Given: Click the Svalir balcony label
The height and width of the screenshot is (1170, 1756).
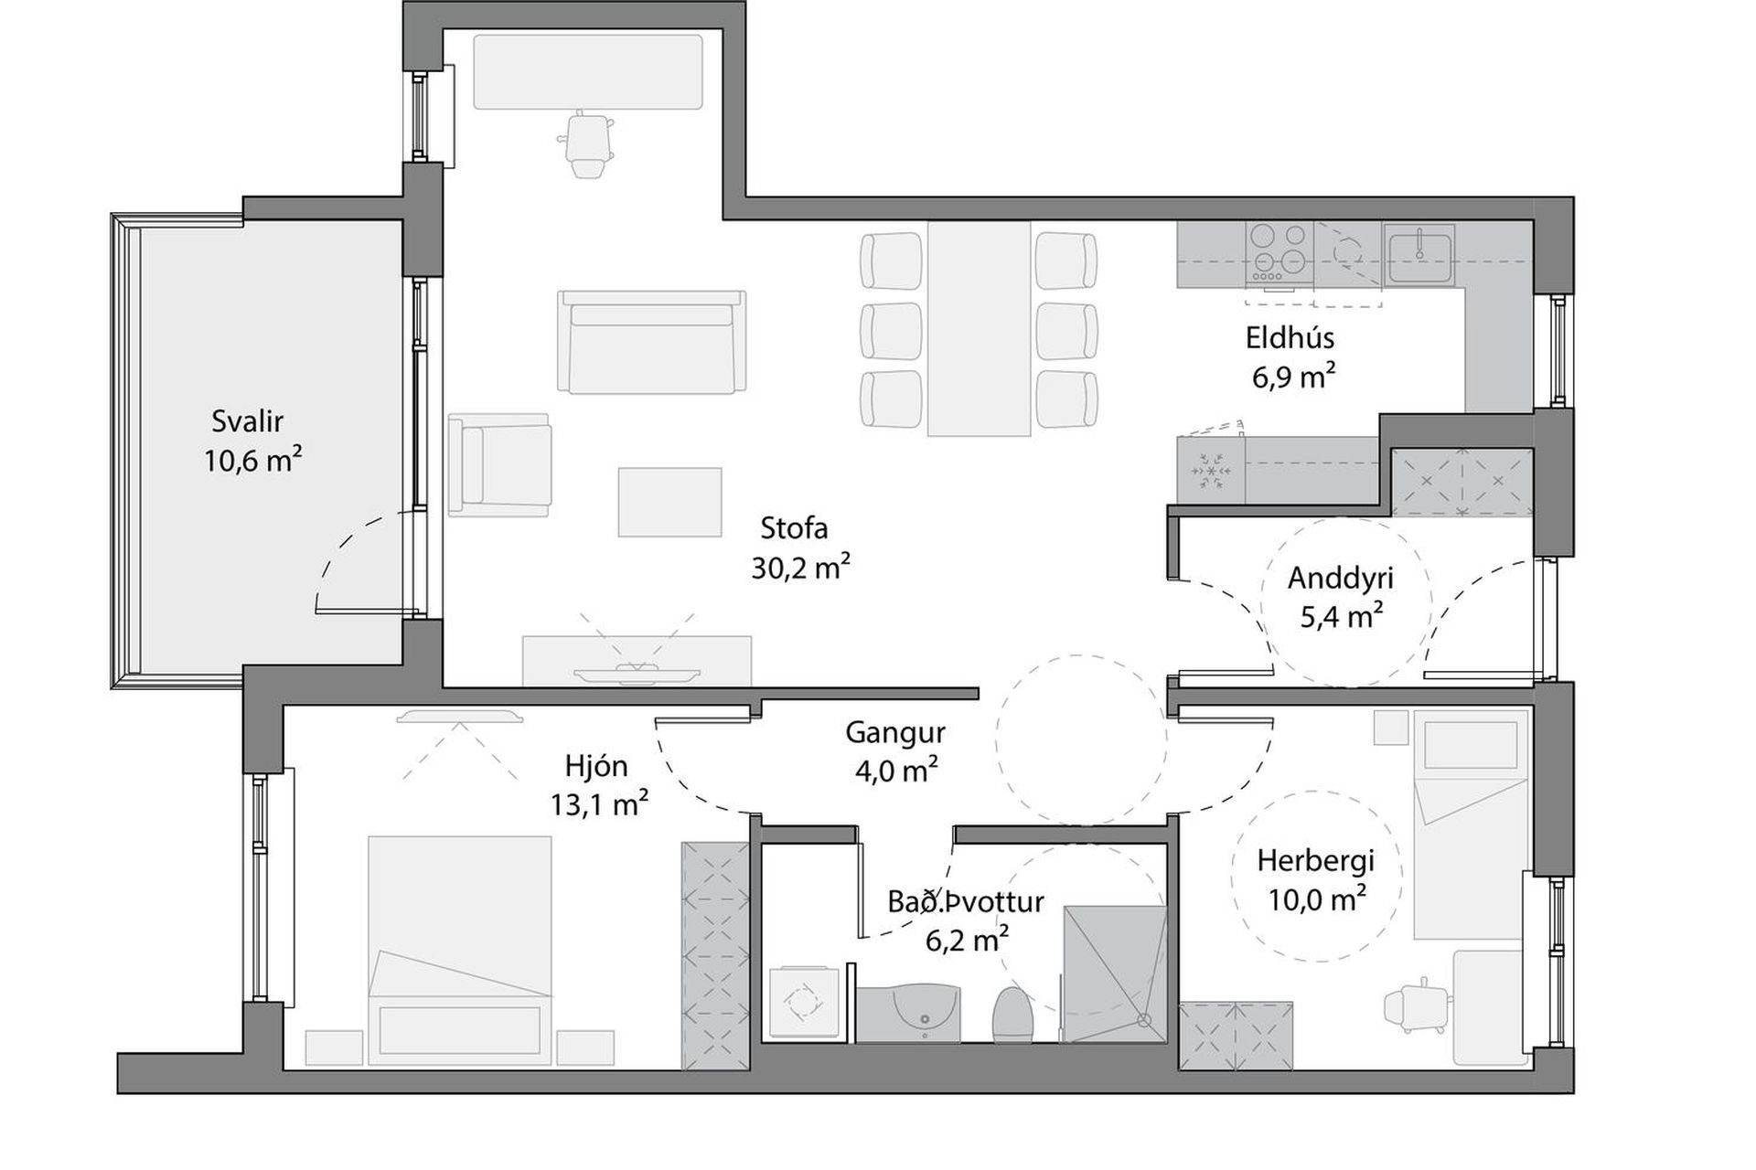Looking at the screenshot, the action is pos(248,421).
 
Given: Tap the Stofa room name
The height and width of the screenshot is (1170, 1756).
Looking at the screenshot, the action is pos(794,528).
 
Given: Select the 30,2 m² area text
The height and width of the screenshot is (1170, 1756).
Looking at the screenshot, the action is pos(800,568).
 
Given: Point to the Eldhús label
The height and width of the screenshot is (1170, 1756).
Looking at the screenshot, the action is pos(1290,338).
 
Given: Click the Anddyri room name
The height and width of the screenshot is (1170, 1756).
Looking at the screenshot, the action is pos(1341,579).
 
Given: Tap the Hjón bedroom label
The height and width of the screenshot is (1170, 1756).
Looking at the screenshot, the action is pos(596,766).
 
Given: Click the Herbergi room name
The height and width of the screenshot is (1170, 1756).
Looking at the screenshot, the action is pos(1315,861).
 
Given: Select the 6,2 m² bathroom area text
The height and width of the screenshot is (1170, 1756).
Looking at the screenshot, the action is pos(967,939).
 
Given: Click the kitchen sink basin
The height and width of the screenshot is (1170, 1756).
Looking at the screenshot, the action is pos(1419,253).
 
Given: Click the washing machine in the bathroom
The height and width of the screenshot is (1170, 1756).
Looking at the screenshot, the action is pos(803,1003).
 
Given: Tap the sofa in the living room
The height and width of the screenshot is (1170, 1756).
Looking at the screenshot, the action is pos(652,342).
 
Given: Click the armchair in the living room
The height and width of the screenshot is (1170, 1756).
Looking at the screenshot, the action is pos(500,463).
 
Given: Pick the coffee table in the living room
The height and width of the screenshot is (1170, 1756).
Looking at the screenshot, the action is pos(669,502).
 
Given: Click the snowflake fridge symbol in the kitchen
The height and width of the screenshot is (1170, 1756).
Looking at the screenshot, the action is pos(1211,471).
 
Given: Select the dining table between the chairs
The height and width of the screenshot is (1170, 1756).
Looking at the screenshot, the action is pos(979,329).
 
